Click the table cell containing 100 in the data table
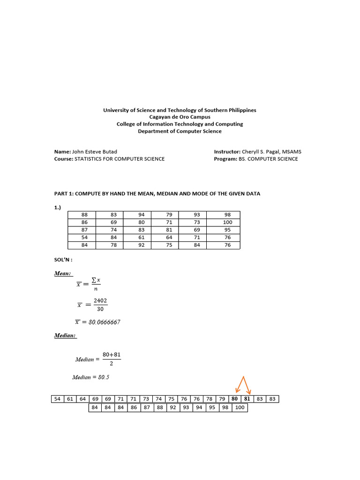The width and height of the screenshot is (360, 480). [x=227, y=222]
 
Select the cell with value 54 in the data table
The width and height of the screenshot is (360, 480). [x=84, y=237]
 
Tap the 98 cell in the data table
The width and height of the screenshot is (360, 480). [x=227, y=215]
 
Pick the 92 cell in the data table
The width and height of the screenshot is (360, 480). [x=142, y=245]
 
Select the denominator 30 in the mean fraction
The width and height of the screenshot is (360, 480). [x=100, y=309]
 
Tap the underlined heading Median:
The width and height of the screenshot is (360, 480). [x=66, y=336]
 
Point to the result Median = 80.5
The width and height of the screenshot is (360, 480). [x=91, y=377]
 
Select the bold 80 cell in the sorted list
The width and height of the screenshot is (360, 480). [x=235, y=399]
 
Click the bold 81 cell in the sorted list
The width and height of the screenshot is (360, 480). [x=247, y=399]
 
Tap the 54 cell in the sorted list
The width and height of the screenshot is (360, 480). [x=57, y=399]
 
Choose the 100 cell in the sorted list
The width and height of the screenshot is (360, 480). [x=240, y=408]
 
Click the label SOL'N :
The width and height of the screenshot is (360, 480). [x=64, y=259]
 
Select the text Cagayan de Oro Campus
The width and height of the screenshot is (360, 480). [x=180, y=117]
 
